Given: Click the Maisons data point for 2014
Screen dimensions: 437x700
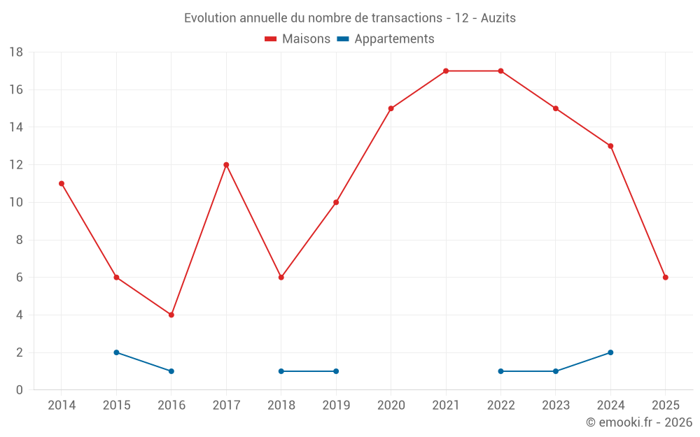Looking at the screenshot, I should pos(62,184).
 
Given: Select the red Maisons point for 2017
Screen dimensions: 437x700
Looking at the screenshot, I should pos(226,165).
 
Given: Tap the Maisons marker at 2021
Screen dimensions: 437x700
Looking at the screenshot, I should pos(446,71).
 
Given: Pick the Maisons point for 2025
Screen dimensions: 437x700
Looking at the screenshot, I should pos(666,278).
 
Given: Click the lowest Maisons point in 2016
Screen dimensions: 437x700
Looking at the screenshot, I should pos(171,315).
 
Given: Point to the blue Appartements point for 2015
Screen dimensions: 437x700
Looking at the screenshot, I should pos(116,352).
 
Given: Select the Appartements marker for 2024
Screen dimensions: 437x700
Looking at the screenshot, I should pos(610,352).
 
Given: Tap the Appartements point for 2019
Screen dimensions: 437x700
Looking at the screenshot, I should pos(336,371).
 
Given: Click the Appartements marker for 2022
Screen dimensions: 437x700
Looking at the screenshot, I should pos(500,371).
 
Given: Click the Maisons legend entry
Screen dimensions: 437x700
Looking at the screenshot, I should pos(297,39).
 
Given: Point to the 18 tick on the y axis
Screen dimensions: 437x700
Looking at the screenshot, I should pos(16,52).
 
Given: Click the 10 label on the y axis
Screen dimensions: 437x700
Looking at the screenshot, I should pos(16,203).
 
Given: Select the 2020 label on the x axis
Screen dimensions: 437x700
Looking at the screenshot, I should pos(391,406).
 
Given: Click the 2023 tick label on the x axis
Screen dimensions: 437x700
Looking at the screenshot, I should pos(556,406).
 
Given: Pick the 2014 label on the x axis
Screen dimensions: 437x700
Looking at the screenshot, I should pos(62,406).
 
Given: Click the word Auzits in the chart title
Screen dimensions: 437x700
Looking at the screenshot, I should pos(498,18).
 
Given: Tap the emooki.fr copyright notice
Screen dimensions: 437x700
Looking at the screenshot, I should pos(639,422).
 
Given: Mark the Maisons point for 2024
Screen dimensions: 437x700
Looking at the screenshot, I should pos(610,146).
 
